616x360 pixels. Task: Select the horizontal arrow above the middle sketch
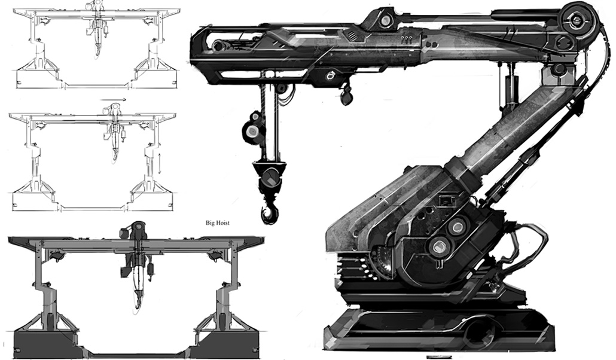(113, 100)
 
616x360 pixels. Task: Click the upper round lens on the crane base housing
(458, 225)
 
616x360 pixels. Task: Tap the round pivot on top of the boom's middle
(386, 20)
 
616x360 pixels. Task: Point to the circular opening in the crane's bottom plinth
(478, 330)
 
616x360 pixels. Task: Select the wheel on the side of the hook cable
(253, 130)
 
